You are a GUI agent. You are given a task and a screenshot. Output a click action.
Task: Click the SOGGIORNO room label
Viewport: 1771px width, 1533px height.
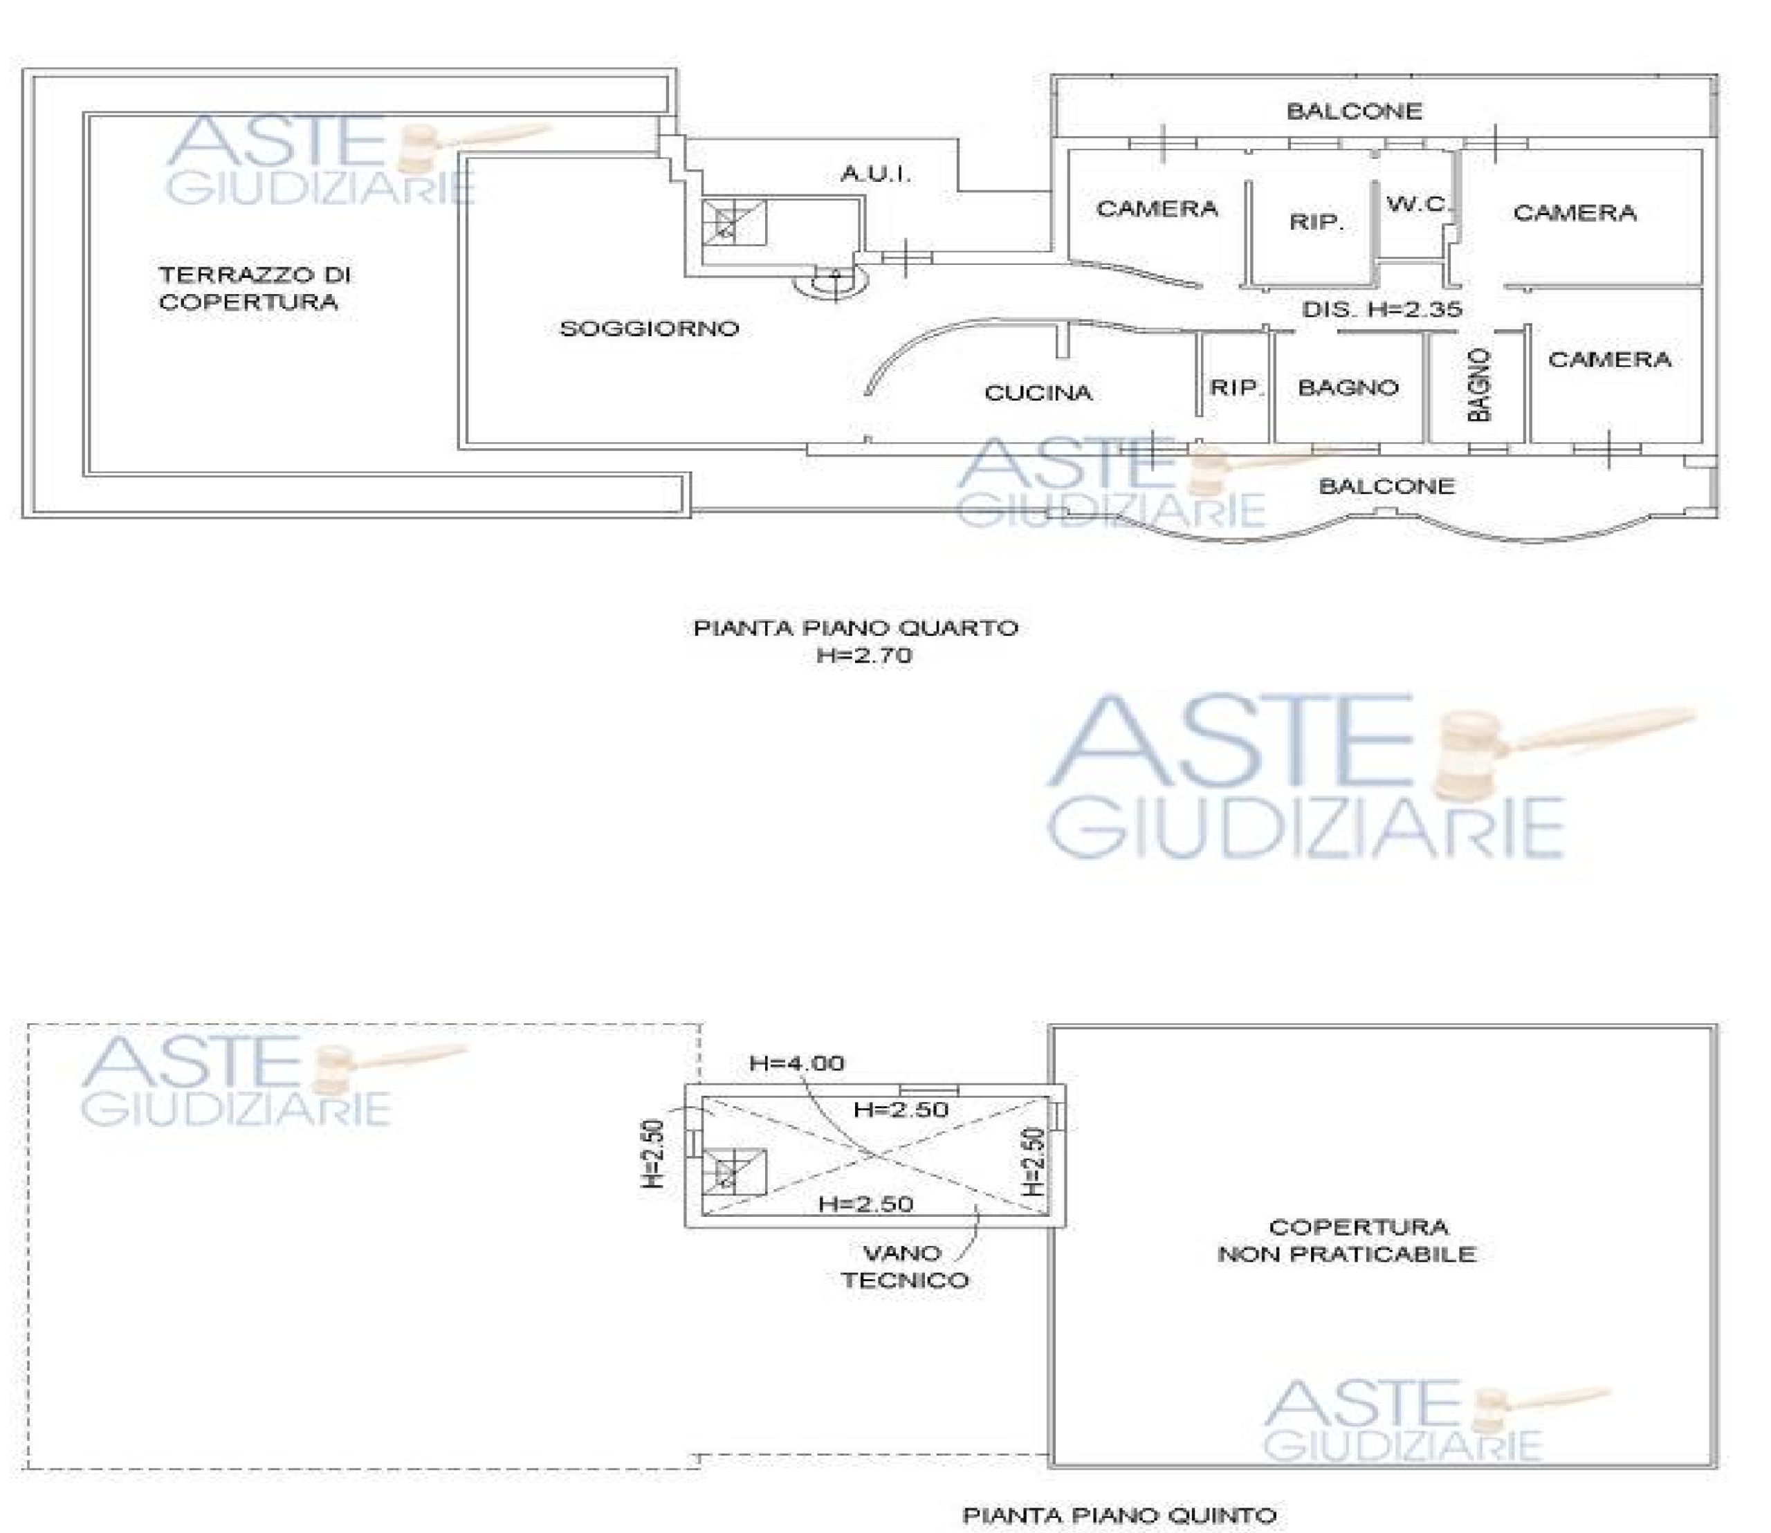click(650, 329)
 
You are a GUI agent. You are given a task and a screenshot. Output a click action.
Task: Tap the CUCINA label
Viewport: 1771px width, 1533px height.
click(1038, 393)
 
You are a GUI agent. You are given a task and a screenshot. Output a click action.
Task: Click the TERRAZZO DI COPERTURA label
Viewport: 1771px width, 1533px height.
click(254, 288)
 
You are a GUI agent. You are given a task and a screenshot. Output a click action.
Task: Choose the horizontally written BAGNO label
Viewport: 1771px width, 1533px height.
click(1348, 388)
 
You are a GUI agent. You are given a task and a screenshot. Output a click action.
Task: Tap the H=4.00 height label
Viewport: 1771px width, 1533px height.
click(796, 1063)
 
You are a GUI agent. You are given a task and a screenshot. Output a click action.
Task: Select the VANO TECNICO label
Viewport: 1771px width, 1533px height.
click(904, 1267)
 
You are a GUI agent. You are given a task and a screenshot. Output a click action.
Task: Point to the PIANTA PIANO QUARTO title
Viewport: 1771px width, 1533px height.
click(856, 628)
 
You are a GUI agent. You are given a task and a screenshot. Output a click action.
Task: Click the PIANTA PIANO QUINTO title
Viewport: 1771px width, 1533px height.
click(1120, 1515)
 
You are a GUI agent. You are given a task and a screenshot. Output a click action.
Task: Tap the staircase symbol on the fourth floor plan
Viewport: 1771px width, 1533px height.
click(733, 223)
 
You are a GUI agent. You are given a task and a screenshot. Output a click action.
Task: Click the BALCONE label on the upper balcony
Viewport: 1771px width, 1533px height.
click(1355, 111)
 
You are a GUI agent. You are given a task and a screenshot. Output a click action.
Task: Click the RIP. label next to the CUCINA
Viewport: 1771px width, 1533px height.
click(1236, 387)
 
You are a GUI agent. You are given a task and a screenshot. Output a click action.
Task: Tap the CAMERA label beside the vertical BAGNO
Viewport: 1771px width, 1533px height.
click(1609, 359)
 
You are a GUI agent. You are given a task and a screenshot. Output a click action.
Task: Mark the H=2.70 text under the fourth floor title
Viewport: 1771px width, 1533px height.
click(864, 655)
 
